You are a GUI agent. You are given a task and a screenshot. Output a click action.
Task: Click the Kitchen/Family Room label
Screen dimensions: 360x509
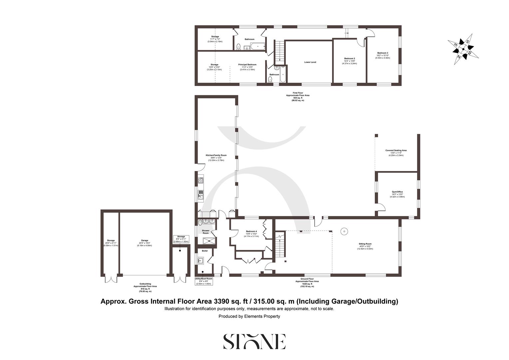coord(216,155)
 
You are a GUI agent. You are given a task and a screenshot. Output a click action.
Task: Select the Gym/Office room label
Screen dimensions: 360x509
coord(397,192)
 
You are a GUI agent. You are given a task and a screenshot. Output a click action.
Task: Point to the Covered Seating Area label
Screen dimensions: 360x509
coord(396,150)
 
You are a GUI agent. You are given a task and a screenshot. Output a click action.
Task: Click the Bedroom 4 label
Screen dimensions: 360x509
coord(251,231)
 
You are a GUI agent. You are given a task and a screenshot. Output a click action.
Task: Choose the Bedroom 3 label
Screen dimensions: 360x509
coord(382,53)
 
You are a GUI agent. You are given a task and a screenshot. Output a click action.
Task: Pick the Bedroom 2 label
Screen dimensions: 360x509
coord(349,58)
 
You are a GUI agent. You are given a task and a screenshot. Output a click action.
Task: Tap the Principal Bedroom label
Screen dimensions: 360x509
coord(247,65)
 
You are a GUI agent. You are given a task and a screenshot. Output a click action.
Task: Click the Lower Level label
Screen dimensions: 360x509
coord(310,62)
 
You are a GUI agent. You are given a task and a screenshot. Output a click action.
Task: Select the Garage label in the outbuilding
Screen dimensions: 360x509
coord(144,240)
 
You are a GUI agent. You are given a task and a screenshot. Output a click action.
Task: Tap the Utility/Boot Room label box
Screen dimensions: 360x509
coord(204,281)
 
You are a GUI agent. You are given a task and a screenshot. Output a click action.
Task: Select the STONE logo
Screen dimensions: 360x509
coord(254,341)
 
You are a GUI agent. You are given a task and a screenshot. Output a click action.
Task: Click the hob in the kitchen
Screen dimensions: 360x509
coord(201,181)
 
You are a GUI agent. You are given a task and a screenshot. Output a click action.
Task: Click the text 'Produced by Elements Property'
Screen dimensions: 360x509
coord(249,316)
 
